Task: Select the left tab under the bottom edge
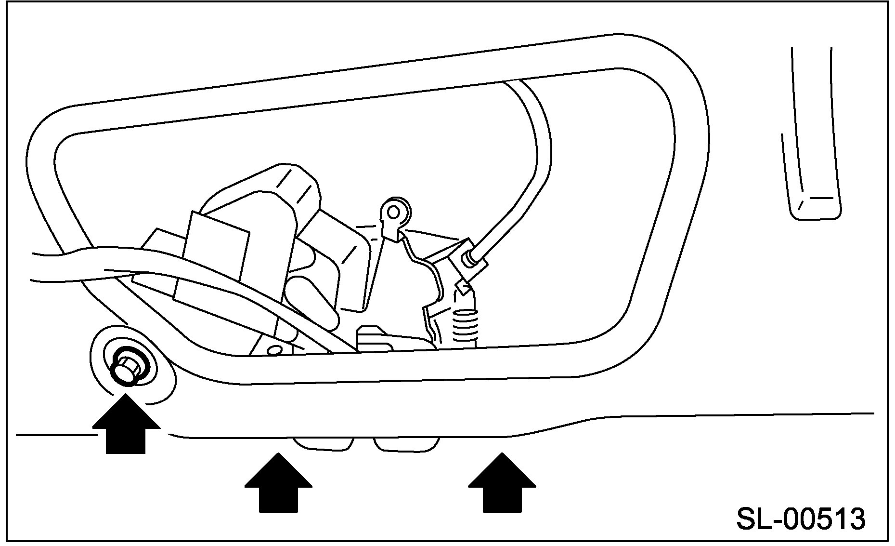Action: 324,444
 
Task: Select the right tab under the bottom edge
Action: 407,444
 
